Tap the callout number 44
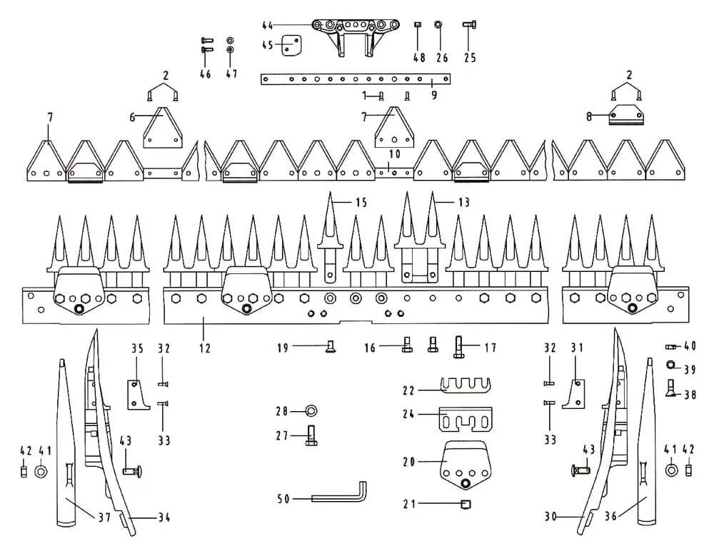[x=268, y=26]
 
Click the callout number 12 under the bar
[x=205, y=349]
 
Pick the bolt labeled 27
[x=311, y=435]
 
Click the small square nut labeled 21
[x=466, y=505]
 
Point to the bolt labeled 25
[x=469, y=26]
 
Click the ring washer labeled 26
[x=439, y=26]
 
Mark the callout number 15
[x=361, y=203]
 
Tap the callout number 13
[x=464, y=203]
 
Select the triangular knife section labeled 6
[x=164, y=129]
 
